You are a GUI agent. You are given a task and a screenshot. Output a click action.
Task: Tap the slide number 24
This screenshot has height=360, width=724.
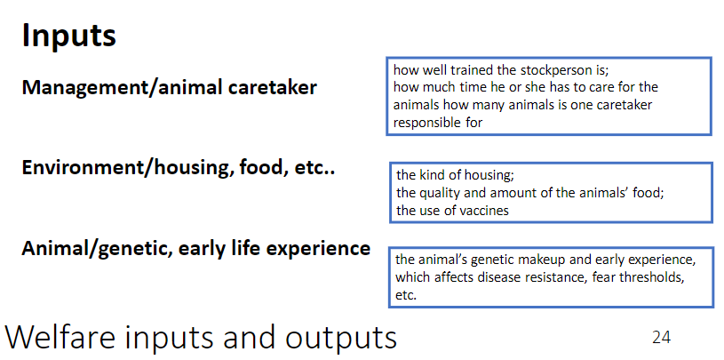(661, 337)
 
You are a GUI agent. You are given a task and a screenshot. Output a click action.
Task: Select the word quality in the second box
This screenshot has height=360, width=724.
(443, 193)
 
